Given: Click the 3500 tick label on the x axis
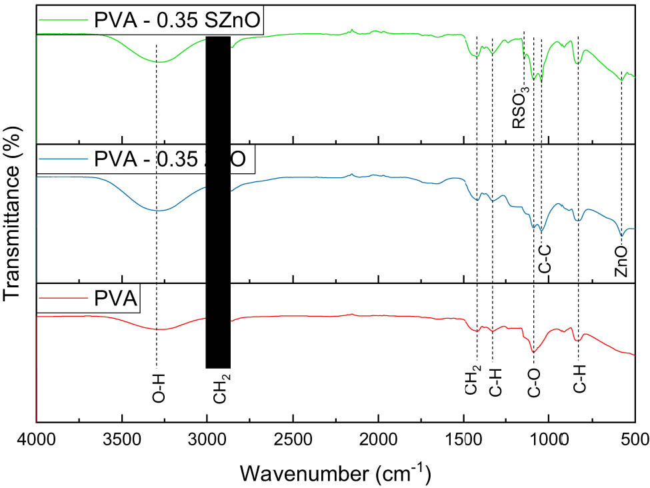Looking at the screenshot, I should pos(122,438).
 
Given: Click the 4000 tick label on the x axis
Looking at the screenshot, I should pos(37,438).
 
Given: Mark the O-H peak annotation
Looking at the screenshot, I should pos(158,388).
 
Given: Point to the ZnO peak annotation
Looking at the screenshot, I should pos(621,261).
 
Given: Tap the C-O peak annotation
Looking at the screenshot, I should pos(534,385).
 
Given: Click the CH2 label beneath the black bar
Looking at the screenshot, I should pos(221,388).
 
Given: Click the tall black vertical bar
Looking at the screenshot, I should pos(218,200).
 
